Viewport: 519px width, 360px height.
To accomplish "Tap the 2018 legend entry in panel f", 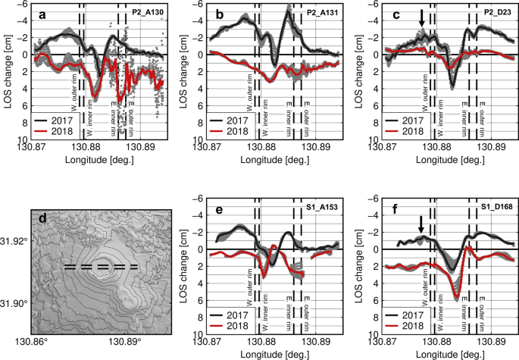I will tap(402, 324).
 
